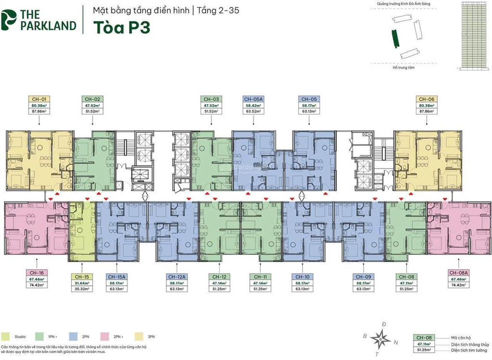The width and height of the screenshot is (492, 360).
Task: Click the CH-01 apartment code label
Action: tap(39, 99)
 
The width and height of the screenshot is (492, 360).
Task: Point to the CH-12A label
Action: tap(178, 276)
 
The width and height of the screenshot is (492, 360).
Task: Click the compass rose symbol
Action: tap(381, 339)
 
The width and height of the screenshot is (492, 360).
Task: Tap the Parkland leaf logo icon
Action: tap(8, 20)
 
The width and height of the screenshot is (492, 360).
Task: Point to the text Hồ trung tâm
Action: tap(403, 68)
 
